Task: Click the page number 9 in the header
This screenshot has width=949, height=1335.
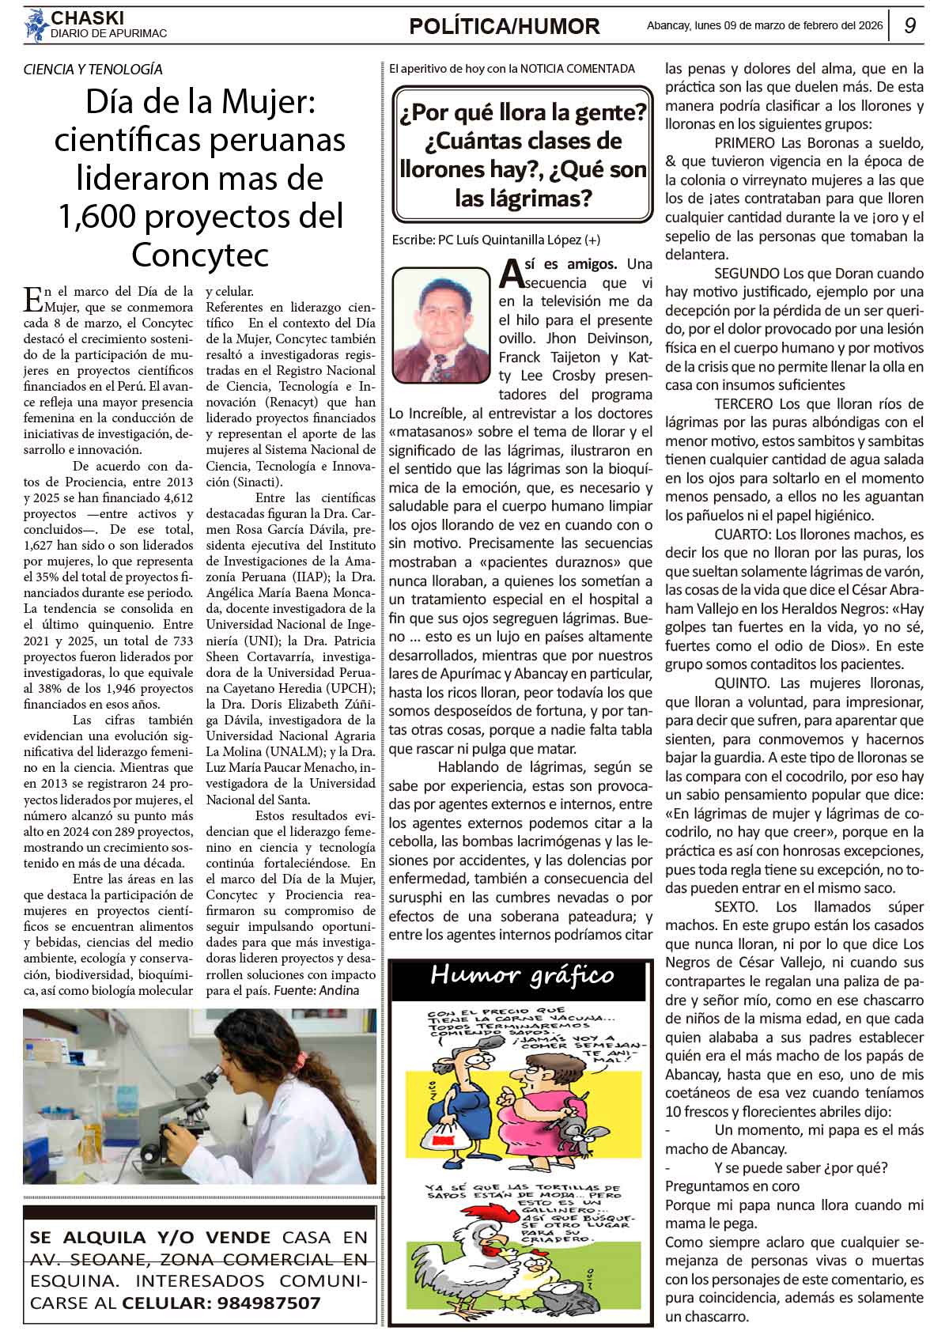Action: tap(909, 26)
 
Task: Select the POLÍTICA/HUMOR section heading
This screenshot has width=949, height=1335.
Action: tap(505, 27)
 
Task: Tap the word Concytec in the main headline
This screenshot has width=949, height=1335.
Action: tap(200, 255)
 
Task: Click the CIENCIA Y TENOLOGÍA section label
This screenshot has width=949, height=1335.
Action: tap(93, 70)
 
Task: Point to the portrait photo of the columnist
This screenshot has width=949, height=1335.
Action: tap(441, 324)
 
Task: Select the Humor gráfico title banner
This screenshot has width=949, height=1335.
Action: tap(521, 975)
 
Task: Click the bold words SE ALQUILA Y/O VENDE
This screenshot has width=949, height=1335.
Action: tap(150, 1238)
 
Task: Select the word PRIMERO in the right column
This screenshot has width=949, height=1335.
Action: tap(743, 143)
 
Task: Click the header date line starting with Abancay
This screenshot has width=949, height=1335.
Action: tap(764, 25)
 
